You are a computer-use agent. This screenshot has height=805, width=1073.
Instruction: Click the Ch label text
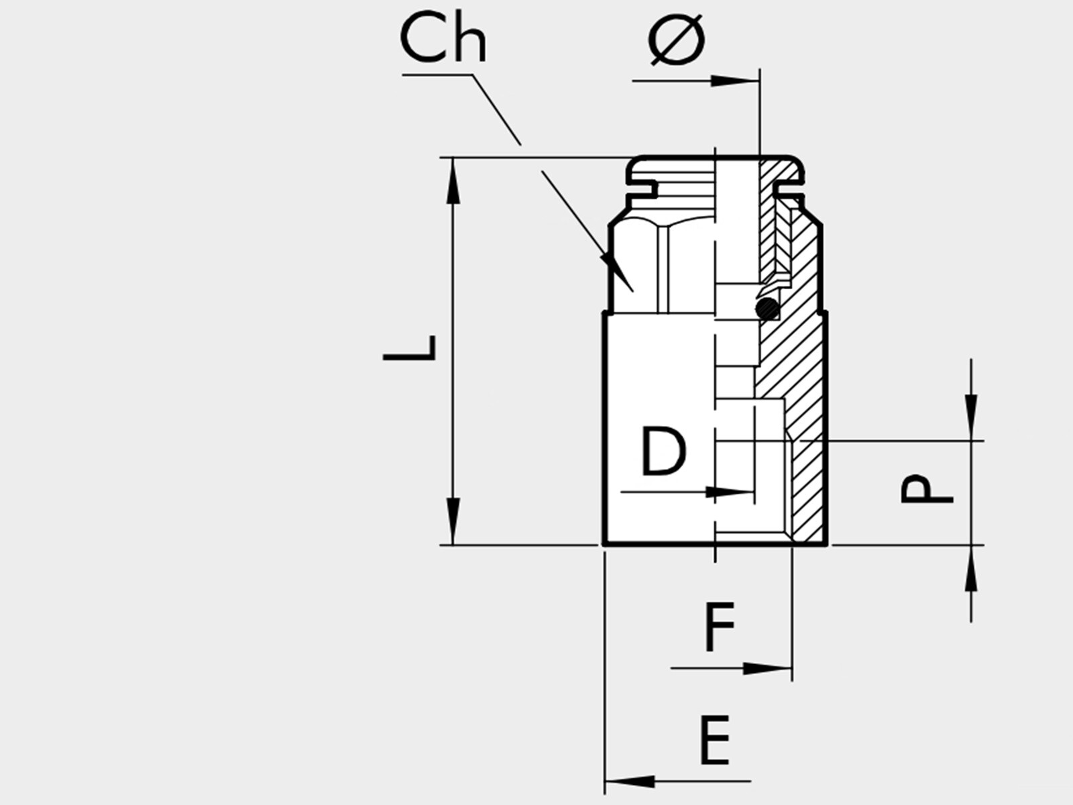[x=443, y=38]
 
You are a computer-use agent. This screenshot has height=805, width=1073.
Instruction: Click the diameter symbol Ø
[x=677, y=39]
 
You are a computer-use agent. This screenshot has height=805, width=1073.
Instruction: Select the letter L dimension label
[x=409, y=348]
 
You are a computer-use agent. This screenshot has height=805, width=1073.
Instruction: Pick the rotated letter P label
[x=926, y=489]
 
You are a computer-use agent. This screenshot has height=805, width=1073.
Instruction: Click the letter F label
[x=720, y=627]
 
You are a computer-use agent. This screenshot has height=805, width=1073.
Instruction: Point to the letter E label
[x=715, y=740]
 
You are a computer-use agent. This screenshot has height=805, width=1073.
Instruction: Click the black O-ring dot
[x=767, y=309]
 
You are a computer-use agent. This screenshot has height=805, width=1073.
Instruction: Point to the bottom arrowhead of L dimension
[x=453, y=521]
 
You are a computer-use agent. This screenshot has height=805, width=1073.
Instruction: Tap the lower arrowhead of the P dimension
[x=971, y=568]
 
